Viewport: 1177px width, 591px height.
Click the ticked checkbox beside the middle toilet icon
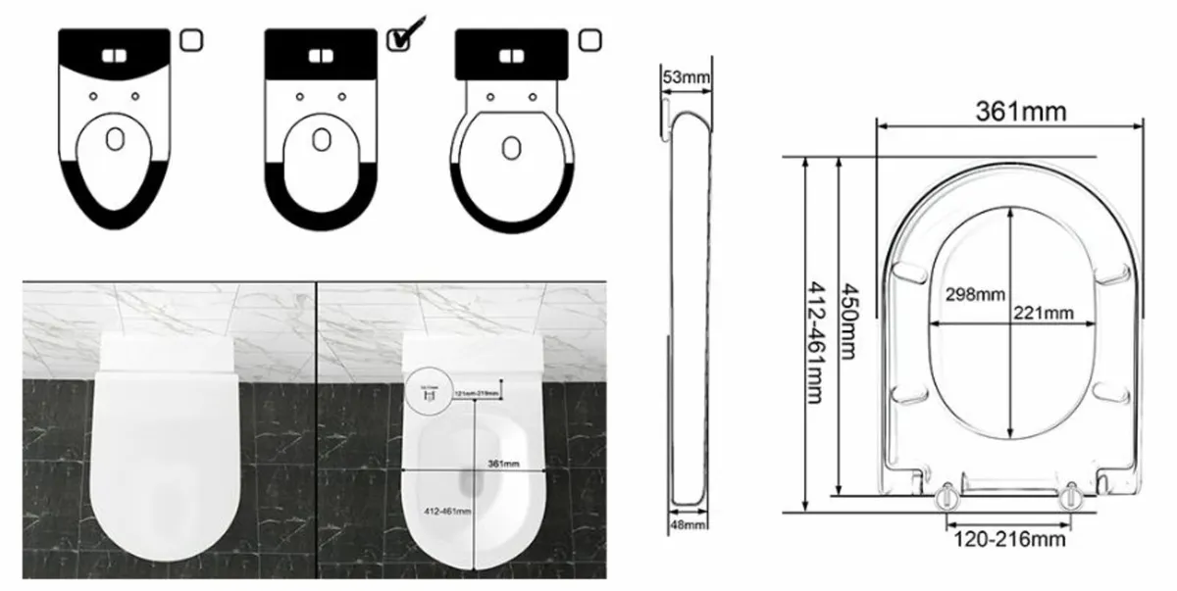(398, 39)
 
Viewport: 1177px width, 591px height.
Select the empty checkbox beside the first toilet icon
(192, 39)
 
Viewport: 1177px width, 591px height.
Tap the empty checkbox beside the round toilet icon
(588, 39)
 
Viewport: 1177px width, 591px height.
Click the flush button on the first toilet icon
(114, 55)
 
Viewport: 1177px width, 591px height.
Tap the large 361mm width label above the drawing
(1020, 111)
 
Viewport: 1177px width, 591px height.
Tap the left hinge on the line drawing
(948, 496)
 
